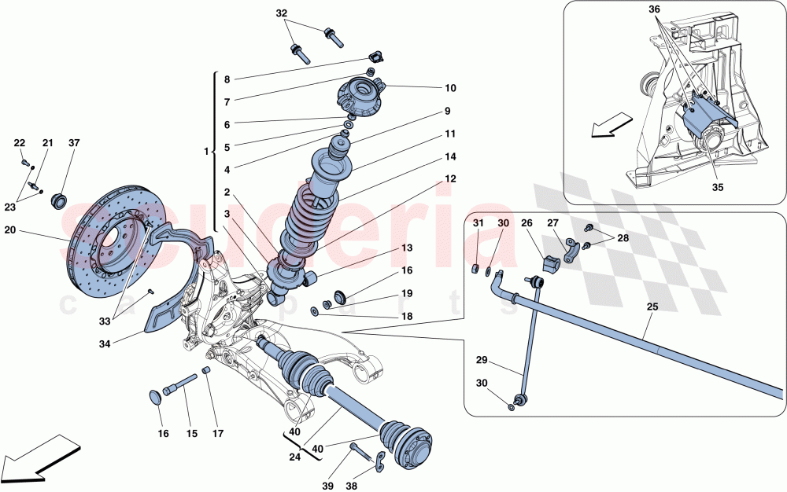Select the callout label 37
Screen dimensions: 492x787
tap(74, 143)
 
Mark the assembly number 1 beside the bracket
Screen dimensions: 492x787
tap(206, 150)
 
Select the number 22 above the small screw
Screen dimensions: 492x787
tap(20, 143)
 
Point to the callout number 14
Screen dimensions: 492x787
tap(450, 156)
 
